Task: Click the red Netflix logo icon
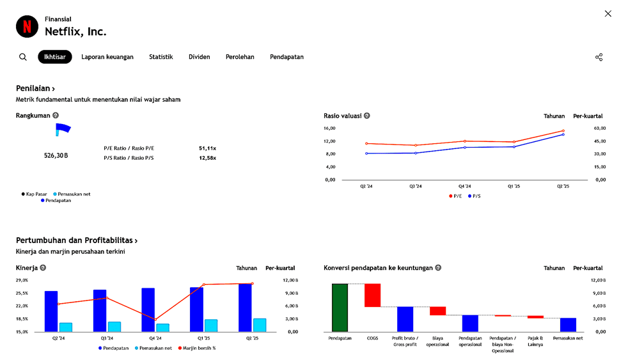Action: (27, 26)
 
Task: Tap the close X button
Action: (608, 14)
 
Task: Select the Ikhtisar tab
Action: (55, 57)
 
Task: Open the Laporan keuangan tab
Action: (107, 57)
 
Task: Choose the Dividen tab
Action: (199, 57)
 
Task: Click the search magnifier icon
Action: (23, 57)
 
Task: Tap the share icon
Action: (599, 57)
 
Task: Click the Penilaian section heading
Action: (35, 89)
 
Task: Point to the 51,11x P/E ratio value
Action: (207, 148)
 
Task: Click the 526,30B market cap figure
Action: (56, 155)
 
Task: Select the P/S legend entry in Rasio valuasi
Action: (474, 196)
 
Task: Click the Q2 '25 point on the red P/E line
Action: (563, 130)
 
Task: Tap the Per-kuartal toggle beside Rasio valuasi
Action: (588, 116)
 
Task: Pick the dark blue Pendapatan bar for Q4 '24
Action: (148, 309)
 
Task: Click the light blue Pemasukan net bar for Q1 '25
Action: (211, 325)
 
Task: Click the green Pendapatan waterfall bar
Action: (340, 307)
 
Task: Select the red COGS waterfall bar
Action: (372, 295)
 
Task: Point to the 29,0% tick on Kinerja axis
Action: (22, 280)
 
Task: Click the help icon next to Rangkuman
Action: (56, 116)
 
